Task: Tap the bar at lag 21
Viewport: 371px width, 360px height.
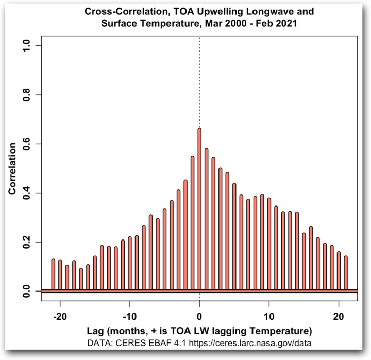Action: click(346, 273)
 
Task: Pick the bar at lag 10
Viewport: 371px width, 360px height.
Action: click(269, 244)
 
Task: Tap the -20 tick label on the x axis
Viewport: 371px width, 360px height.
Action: click(60, 316)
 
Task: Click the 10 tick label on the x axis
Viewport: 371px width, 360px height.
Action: click(269, 316)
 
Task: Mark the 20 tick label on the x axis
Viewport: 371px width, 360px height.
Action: click(339, 316)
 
